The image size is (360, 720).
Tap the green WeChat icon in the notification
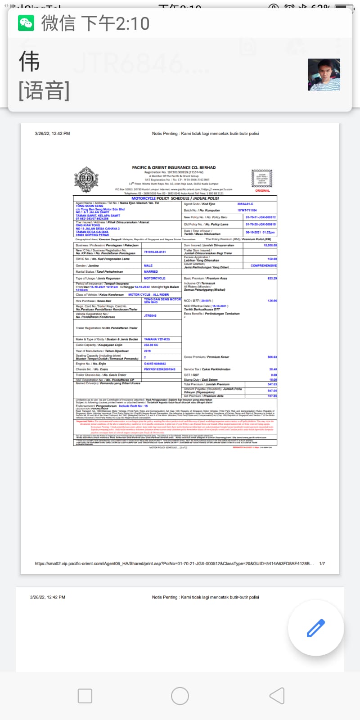26,23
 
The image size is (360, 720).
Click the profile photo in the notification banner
324,75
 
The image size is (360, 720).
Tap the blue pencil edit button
316,628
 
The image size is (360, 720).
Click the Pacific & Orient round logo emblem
86,179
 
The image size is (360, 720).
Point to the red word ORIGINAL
262,191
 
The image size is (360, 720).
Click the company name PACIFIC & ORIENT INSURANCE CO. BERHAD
174,167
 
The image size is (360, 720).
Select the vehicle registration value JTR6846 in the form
150,316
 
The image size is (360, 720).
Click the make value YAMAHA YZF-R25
157,339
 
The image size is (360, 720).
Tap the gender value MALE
148,265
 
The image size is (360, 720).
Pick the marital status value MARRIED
151,272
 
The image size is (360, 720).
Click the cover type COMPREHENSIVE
263,265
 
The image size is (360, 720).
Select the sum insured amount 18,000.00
270,245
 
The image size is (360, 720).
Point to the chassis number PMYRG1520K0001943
159,369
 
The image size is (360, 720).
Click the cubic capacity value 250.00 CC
151,345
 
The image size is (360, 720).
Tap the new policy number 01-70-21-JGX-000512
261,217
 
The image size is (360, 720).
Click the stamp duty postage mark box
262,179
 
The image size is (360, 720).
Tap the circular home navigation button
180,696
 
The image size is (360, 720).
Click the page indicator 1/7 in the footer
322,563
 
